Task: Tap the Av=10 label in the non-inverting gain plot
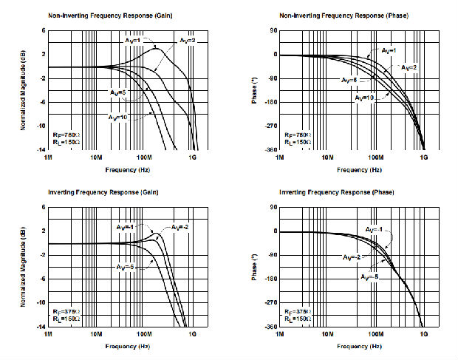coord(118,118)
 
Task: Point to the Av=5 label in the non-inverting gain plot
coord(117,92)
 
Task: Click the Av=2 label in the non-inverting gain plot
coord(184,39)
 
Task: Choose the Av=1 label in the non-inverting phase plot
coord(389,50)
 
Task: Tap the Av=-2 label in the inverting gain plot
coord(180,226)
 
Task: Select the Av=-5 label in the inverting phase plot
coord(370,276)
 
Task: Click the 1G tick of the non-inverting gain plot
coord(193,157)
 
